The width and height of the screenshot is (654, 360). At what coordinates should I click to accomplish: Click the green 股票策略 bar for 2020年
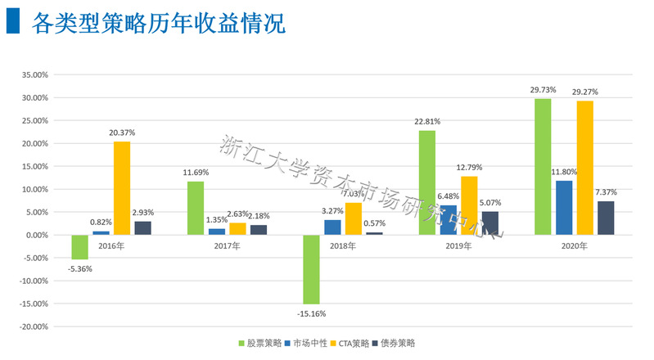543,167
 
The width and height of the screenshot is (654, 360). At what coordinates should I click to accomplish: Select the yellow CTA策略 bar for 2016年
122,188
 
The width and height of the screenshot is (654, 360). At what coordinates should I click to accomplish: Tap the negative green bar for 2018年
311,269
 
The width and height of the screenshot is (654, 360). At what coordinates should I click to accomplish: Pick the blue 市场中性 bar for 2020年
564,208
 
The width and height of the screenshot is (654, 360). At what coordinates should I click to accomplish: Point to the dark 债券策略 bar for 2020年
606,218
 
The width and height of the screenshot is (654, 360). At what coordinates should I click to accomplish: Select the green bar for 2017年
196,208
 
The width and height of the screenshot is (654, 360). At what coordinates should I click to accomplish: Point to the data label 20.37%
123,133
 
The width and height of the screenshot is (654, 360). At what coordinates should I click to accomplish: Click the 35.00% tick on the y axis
36,74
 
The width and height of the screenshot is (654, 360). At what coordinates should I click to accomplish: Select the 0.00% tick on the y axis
38,235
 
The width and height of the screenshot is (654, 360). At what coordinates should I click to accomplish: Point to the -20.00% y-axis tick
34,326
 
